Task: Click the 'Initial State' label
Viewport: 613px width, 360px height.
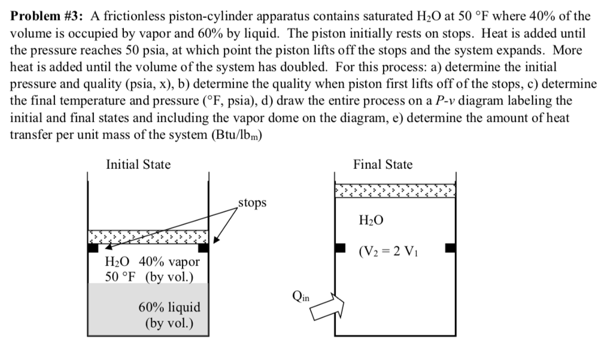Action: coord(138,164)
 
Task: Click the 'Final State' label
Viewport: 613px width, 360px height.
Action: coord(383,164)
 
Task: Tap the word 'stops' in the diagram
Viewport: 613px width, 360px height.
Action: coord(252,203)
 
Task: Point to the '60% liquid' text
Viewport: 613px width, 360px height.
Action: coord(169,307)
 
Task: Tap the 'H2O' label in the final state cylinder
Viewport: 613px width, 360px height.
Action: coord(372,221)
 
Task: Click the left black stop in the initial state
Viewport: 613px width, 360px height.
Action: coord(93,246)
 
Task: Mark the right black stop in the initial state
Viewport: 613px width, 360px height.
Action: coord(204,246)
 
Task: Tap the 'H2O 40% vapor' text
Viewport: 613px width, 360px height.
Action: coord(152,262)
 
